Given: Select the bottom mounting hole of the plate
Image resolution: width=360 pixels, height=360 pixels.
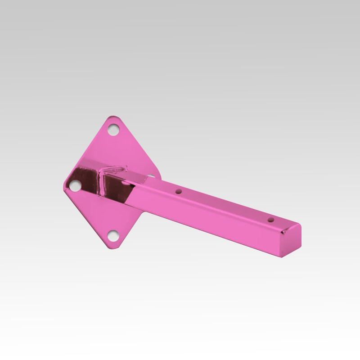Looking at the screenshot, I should (x=113, y=234).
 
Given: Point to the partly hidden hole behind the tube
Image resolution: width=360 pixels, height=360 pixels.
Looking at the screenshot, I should (x=151, y=176).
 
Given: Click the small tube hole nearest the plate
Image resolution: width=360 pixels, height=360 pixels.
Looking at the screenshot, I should (x=179, y=191).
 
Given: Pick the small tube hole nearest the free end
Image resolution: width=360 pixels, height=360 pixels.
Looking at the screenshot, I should (x=270, y=220).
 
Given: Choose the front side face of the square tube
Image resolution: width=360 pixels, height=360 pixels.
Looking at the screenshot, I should (x=211, y=220).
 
